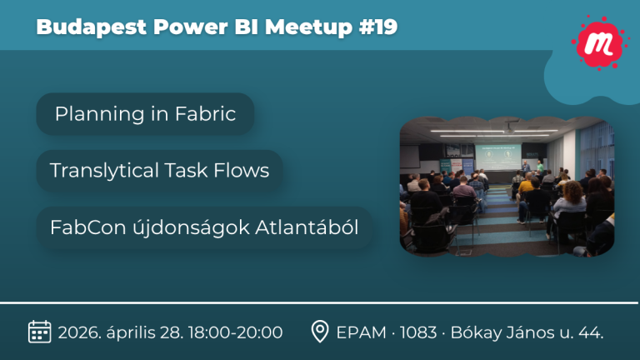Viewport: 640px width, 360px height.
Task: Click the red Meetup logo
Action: (x=598, y=42)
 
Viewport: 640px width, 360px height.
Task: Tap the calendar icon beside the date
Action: (x=40, y=332)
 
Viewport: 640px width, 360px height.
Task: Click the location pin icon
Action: (x=320, y=331)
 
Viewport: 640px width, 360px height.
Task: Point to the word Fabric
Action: (x=205, y=113)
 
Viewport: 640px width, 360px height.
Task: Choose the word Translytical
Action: (x=104, y=171)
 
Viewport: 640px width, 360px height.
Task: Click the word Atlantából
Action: (x=307, y=227)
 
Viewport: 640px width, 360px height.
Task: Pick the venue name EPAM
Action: (x=361, y=332)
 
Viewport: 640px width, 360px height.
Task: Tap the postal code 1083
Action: (x=418, y=332)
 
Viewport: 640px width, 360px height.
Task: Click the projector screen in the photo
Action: (x=498, y=157)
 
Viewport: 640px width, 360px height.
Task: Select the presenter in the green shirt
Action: (x=540, y=167)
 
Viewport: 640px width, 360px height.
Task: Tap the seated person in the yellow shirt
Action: (x=526, y=186)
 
